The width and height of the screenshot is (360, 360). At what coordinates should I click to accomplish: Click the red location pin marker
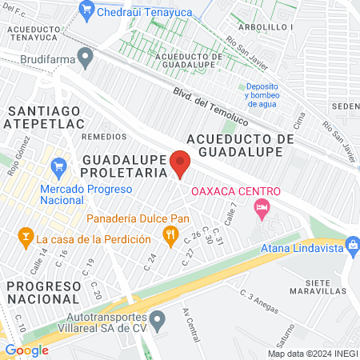pos(181,163)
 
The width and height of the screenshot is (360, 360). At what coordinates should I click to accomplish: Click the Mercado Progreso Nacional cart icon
pos(58,167)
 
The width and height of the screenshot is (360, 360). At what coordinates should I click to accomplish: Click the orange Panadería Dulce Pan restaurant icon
pos(169,234)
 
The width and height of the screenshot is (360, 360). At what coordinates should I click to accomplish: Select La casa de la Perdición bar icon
pos(26,238)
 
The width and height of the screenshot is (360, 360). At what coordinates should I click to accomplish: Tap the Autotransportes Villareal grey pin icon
pos(158,322)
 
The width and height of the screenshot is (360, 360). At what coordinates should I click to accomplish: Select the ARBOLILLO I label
pos(264,26)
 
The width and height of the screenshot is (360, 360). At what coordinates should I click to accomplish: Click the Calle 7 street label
pos(233,212)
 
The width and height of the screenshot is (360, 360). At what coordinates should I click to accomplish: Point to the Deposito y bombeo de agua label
pos(262,94)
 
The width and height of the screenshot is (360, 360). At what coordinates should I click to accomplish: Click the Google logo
pos(26,350)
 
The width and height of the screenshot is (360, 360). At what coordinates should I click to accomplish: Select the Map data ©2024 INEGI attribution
pos(311,354)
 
